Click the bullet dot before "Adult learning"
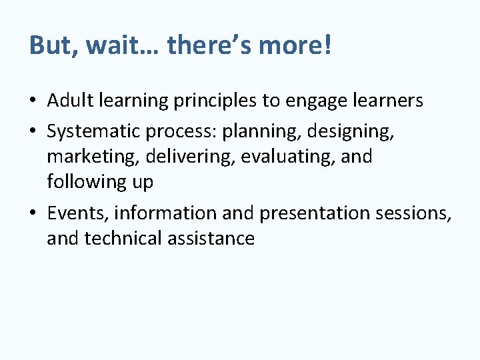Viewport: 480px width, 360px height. pos(33,101)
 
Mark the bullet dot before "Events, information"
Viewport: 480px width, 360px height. pos(33,213)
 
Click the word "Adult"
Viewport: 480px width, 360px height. pos(70,101)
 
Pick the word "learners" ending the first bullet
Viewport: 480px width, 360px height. pos(389,101)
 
